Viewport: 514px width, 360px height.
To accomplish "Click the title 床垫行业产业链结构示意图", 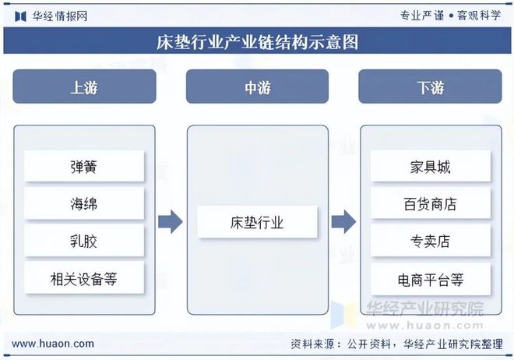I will pos(257,41).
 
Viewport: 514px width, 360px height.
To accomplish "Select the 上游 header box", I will pos(84,86).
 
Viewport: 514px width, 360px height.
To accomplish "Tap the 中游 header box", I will pos(257,86).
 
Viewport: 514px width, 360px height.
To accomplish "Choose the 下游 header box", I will pos(430,86).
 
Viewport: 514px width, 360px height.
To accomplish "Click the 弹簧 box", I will pos(84,166).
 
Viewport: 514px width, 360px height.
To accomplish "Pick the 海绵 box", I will pos(84,203).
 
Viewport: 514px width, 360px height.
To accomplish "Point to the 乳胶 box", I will pos(84,241).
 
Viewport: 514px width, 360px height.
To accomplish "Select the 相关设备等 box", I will pos(84,278).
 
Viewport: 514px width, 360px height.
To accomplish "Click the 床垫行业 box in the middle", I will pos(257,222).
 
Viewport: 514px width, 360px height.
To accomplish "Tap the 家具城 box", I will pos(430,166).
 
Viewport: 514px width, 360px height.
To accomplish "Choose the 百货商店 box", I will pos(430,203).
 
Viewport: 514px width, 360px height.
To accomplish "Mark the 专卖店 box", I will pos(430,241).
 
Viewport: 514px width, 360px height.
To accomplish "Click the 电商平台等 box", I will pos(430,278).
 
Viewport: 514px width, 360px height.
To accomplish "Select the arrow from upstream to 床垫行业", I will pos(170,222).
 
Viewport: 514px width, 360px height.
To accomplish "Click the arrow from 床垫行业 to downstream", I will pos(343,222).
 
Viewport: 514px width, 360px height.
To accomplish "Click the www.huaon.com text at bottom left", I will pos(53,344).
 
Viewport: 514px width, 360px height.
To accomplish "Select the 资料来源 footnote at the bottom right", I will pos(396,344).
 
